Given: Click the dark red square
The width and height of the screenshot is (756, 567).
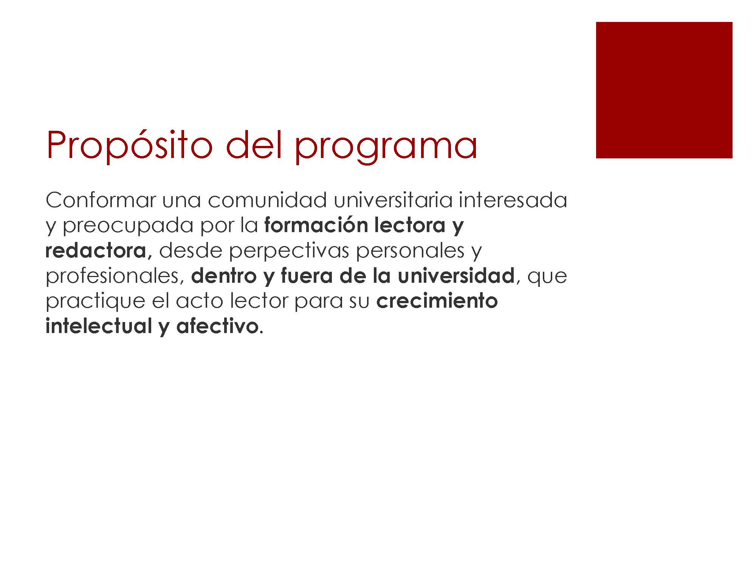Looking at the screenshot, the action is pyautogui.click(x=664, y=90).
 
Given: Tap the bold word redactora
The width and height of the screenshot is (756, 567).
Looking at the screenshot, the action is pyautogui.click(x=96, y=250).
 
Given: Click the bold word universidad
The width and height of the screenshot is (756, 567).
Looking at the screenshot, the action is pyautogui.click(x=456, y=276).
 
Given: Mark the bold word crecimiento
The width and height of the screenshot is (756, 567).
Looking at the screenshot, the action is pyautogui.click(x=437, y=301).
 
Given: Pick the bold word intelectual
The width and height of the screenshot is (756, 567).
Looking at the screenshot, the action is pyautogui.click(x=99, y=326).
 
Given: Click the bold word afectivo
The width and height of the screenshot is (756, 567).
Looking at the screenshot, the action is pyautogui.click(x=217, y=326).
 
